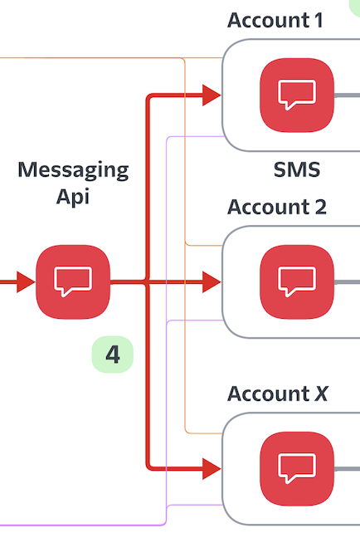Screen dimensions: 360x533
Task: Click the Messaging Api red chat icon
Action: [73, 281]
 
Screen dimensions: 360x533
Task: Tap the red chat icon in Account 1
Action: [297, 95]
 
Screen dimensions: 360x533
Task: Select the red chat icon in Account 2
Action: [297, 281]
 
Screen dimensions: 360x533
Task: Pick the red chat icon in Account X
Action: [297, 469]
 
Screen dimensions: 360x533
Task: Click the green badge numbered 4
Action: [113, 355]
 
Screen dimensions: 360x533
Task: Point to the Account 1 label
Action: [275, 21]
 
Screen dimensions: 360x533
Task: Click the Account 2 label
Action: [277, 207]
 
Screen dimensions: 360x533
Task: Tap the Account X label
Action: [278, 394]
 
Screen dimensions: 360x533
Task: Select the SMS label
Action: [297, 169]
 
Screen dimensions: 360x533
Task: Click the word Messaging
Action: [73, 170]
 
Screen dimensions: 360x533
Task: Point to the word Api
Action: [73, 197]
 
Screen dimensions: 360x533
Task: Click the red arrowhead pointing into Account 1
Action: [212, 95]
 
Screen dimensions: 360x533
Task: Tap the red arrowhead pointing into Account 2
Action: [212, 281]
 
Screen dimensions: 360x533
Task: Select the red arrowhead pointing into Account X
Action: [212, 469]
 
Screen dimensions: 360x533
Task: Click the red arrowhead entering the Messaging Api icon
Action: [26, 281]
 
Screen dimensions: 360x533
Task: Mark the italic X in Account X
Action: [321, 394]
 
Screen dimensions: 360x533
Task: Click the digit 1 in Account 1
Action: [318, 21]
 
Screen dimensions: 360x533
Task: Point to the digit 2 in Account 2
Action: [321, 207]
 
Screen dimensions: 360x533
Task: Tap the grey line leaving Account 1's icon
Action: [347, 95]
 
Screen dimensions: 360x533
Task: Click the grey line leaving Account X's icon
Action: [347, 469]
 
